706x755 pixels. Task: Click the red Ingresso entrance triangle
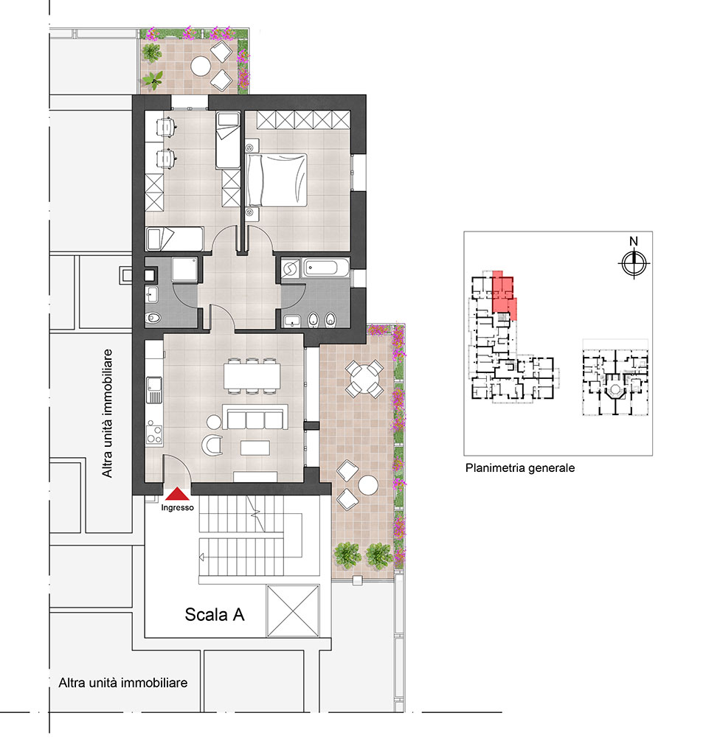click(178, 495)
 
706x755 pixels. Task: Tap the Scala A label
click(215, 614)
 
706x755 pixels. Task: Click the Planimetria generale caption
click(520, 468)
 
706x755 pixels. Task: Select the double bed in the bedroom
click(277, 180)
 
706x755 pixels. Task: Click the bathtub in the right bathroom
click(326, 268)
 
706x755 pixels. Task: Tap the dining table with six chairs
click(252, 376)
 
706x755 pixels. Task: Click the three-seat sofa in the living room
click(255, 417)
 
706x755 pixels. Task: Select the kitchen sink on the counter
click(155, 389)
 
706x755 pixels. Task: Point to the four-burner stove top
click(154, 432)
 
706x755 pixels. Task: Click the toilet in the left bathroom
click(153, 318)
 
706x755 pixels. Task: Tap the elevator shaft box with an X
click(293, 610)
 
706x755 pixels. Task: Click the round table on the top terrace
click(200, 66)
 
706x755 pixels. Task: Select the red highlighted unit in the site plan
click(504, 293)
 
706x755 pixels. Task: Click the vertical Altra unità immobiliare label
click(107, 413)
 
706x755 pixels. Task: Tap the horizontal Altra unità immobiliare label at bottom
click(123, 683)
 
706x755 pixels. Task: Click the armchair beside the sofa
click(212, 444)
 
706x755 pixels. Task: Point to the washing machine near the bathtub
click(291, 268)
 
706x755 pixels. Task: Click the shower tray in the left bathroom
click(184, 270)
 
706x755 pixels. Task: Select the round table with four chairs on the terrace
click(364, 378)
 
